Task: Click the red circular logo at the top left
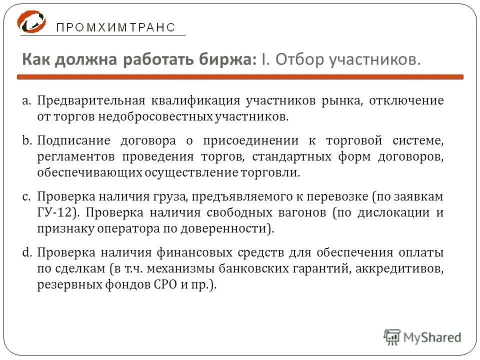pyautogui.click(x=31, y=22)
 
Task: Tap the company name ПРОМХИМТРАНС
pyautogui.click(x=115, y=28)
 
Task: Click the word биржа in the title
pyautogui.click(x=227, y=60)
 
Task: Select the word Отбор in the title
pyautogui.click(x=299, y=60)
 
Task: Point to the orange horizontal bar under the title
pyautogui.click(x=240, y=77)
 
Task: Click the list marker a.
pyautogui.click(x=27, y=100)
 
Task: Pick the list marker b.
pyautogui.click(x=27, y=140)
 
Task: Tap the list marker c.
pyautogui.click(x=27, y=196)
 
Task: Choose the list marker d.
pyautogui.click(x=27, y=252)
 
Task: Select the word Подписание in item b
pyautogui.click(x=67, y=140)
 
